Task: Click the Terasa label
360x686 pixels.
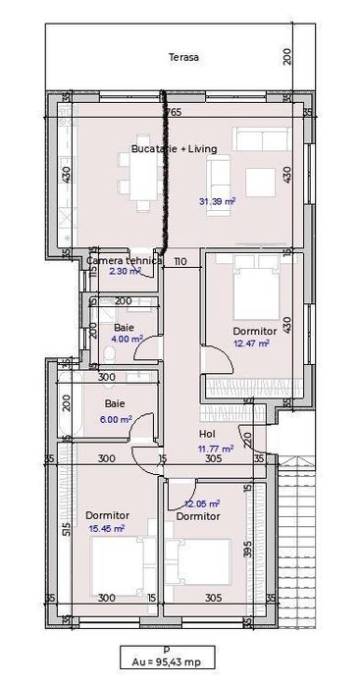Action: tap(183, 58)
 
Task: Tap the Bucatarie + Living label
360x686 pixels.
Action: tap(174, 149)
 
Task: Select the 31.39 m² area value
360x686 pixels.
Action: tap(217, 203)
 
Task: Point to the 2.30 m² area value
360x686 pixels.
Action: tap(124, 271)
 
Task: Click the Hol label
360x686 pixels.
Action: tap(207, 433)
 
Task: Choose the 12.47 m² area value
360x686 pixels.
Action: tap(253, 343)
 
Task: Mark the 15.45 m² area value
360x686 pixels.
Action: tap(106, 528)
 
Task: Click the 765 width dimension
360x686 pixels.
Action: tap(173, 112)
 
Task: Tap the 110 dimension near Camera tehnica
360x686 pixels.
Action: tap(180, 262)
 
